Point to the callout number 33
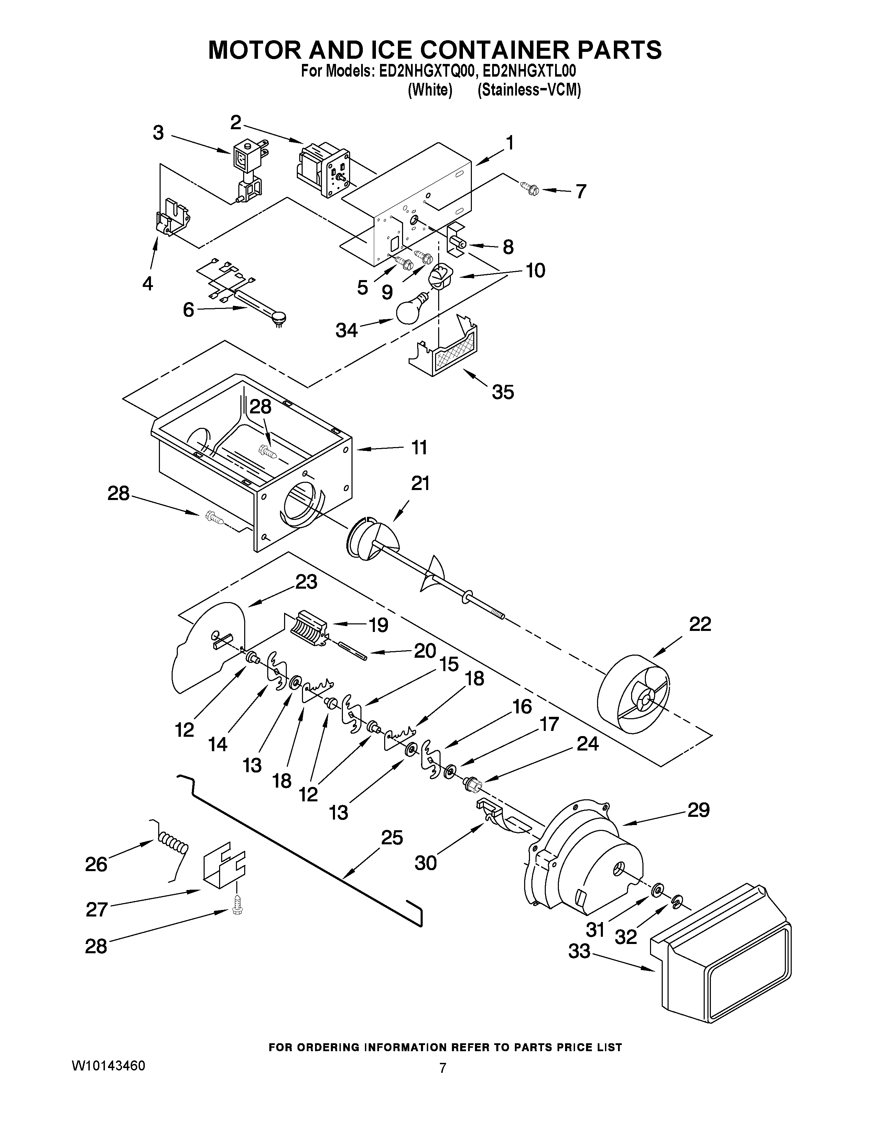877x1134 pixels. pyautogui.click(x=579, y=951)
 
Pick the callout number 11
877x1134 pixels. pyautogui.click(x=419, y=447)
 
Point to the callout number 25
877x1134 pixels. pyautogui.click(x=392, y=836)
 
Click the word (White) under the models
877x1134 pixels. pyautogui.click(x=430, y=90)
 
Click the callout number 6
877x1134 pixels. pyautogui.click(x=188, y=310)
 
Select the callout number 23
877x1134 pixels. pyautogui.click(x=306, y=582)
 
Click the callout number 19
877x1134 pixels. pyautogui.click(x=378, y=625)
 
